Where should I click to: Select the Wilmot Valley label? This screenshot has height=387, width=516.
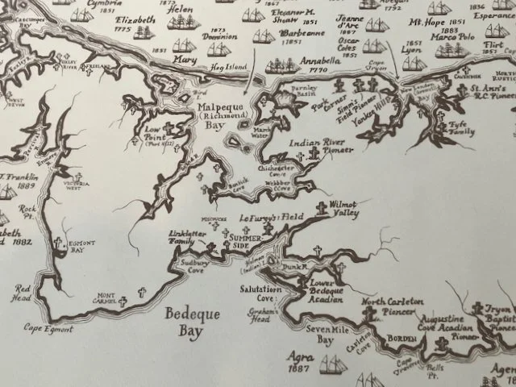pos(348,210)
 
